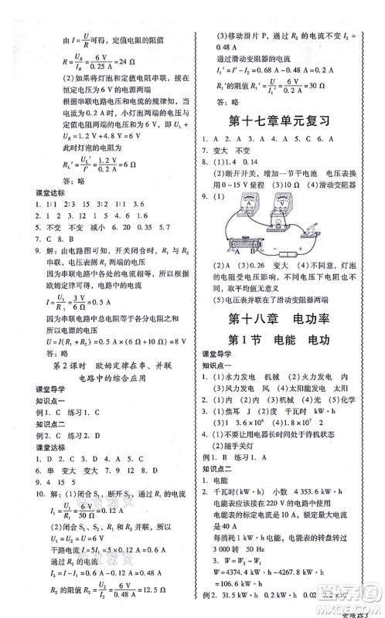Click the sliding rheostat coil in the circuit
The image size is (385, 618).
pyautogui.click(x=246, y=239)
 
